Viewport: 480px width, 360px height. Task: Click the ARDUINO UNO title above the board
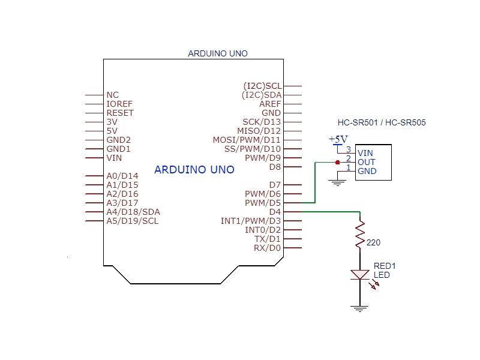point(218,53)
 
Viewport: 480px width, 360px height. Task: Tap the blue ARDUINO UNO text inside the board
point(194,170)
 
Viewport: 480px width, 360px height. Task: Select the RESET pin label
point(120,113)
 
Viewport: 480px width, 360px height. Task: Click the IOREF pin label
point(119,104)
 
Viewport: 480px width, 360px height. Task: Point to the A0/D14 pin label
point(122,176)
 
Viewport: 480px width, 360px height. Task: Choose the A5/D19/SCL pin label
point(133,221)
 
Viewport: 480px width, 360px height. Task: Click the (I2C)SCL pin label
point(262,86)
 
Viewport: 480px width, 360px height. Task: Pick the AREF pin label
point(270,104)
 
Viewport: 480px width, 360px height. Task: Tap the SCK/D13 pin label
point(262,122)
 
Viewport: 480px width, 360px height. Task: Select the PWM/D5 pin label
point(263,203)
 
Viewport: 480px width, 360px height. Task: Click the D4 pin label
point(275,212)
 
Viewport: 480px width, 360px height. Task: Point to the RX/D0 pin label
point(267,248)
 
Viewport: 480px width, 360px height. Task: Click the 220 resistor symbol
point(360,235)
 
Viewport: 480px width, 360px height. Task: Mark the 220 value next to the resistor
point(373,243)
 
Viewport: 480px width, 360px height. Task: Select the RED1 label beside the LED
point(385,266)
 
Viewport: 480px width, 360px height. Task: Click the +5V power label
point(338,139)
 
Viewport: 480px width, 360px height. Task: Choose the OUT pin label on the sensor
point(366,162)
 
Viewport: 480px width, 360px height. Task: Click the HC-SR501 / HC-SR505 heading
point(382,122)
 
